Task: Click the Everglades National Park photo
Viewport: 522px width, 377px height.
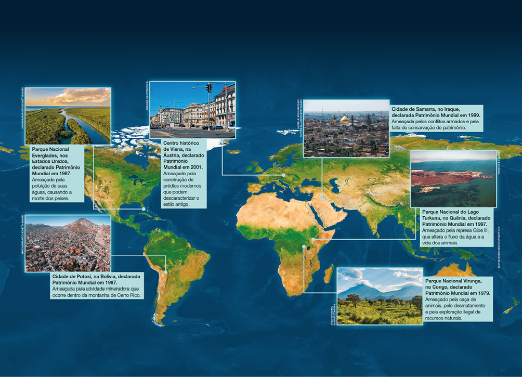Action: (x=68, y=115)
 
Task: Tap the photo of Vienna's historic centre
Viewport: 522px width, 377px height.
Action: (x=192, y=110)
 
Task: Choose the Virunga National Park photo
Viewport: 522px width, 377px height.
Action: (x=380, y=296)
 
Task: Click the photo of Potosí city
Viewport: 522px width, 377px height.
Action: (x=68, y=243)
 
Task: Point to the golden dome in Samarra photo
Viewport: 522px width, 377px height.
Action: (x=344, y=120)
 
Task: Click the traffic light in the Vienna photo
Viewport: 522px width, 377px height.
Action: (x=209, y=88)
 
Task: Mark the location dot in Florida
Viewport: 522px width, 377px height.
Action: (x=143, y=209)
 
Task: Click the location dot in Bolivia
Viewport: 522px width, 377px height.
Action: (x=166, y=272)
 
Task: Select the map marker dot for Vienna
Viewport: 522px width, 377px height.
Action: (x=283, y=175)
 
